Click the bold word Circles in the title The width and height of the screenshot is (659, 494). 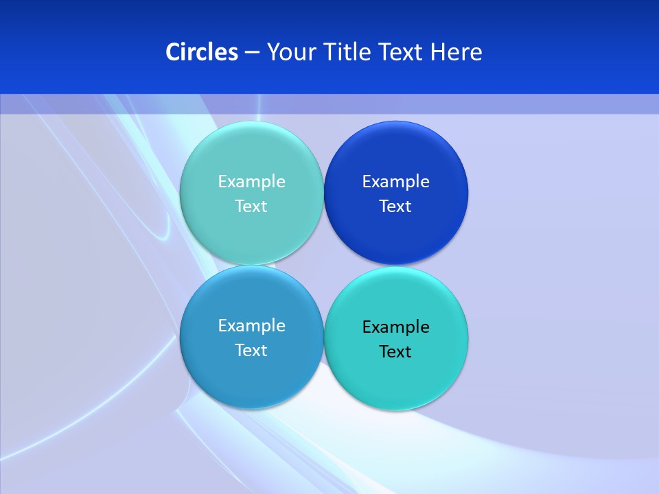click(x=202, y=52)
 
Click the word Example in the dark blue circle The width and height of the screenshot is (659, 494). click(x=396, y=182)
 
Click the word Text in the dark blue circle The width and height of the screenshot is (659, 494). click(x=395, y=207)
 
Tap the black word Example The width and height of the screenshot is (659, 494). click(x=396, y=327)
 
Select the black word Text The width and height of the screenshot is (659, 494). click(x=395, y=352)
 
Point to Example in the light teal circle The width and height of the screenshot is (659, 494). click(x=251, y=182)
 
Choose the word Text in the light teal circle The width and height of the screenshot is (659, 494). click(x=251, y=207)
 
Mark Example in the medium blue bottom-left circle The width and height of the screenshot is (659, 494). click(x=251, y=326)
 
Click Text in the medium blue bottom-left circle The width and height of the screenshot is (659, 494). click(x=251, y=351)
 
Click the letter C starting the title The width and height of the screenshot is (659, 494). click(x=172, y=52)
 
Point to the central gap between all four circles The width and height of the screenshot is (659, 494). click(x=323, y=266)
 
